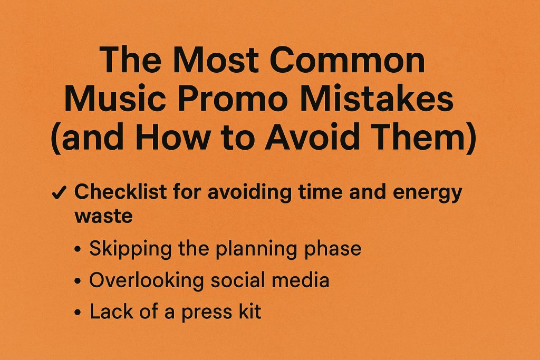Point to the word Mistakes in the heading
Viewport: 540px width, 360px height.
point(377,99)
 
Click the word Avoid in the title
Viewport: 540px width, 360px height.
point(312,137)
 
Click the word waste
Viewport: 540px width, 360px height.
point(104,217)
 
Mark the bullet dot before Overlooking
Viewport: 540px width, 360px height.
point(78,281)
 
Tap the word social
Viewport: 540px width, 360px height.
point(237,280)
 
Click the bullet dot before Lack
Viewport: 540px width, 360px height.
point(78,313)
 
